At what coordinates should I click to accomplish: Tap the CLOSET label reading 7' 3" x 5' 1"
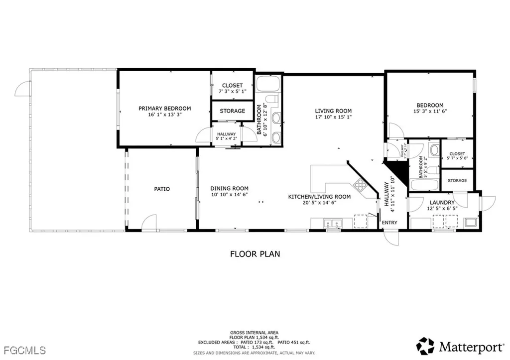232,89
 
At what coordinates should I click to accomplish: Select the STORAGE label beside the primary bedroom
232,111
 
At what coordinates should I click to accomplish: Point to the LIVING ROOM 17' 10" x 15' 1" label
333,114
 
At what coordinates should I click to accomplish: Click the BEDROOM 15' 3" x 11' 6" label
430,109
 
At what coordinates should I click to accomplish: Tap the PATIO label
162,189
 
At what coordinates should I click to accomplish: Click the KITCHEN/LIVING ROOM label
319,200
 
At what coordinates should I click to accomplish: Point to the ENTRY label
389,223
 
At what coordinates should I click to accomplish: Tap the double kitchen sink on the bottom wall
331,224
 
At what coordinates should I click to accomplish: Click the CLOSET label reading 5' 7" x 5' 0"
457,156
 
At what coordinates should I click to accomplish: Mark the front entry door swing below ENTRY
392,238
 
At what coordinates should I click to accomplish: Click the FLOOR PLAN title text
255,254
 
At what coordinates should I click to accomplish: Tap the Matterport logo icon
426,346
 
